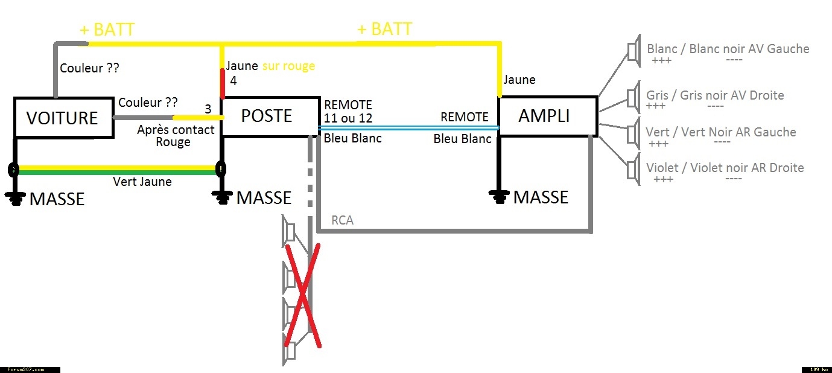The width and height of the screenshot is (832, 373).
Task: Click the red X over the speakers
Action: click(303, 295)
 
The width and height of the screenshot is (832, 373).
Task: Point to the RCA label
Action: click(342, 220)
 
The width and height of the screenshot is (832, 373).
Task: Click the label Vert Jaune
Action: click(142, 182)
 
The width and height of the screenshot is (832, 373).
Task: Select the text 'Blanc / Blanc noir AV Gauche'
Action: click(728, 49)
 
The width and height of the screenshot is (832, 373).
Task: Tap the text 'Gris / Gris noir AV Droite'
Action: click(715, 95)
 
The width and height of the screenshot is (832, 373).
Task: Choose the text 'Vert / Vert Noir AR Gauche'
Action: click(720, 132)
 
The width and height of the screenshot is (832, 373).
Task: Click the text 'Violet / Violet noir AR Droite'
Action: click(725, 168)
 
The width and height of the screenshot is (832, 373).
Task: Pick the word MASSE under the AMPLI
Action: click(541, 197)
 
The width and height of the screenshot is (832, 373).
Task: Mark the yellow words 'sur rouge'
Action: click(288, 66)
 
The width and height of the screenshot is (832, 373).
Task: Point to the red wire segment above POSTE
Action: click(223, 83)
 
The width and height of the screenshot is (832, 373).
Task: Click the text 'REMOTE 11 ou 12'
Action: click(348, 112)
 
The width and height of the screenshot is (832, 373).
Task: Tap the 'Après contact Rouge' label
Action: click(176, 136)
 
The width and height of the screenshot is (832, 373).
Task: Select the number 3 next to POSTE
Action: click(208, 109)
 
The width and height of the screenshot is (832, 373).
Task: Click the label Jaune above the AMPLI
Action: click(519, 80)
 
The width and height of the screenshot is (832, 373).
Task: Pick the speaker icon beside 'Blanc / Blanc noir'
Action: click(634, 51)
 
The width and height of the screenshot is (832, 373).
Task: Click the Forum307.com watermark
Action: click(26, 369)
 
